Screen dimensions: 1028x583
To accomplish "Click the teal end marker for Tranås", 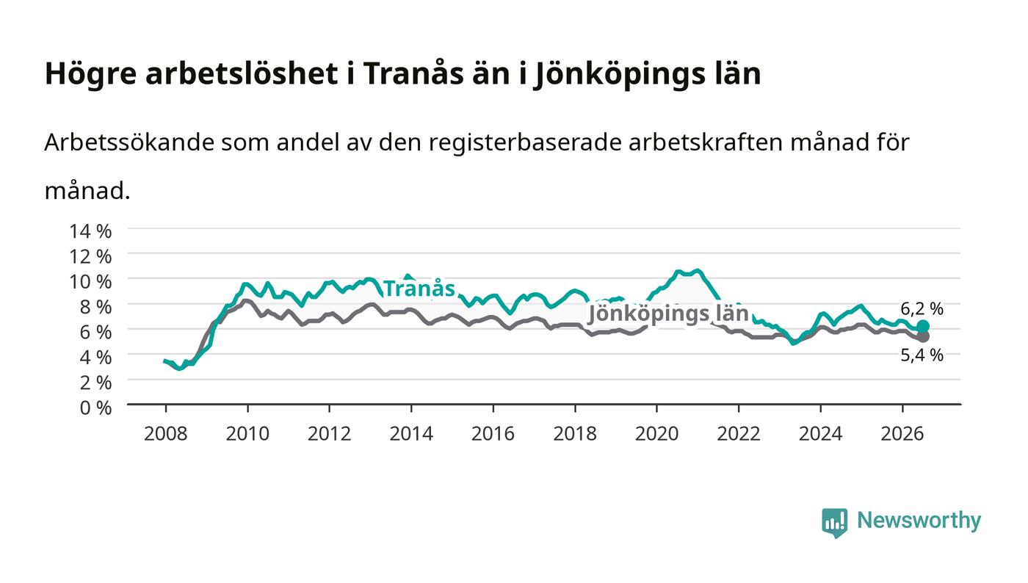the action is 923,326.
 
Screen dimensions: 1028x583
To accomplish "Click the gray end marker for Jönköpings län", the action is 923,336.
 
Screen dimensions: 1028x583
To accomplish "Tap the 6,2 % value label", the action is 922,309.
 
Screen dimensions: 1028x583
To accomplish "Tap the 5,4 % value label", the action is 922,355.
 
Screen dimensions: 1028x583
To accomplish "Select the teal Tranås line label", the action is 419,289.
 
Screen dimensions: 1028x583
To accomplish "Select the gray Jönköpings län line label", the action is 668,314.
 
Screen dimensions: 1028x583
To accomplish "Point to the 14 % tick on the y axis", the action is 90,231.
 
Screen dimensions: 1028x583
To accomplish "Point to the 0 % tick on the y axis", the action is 95,408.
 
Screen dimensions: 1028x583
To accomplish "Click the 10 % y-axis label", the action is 90,281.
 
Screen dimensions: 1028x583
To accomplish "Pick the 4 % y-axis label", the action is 95,357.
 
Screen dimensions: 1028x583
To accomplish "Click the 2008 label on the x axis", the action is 166,434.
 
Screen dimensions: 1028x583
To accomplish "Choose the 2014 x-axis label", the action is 411,434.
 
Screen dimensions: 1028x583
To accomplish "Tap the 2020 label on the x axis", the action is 656,434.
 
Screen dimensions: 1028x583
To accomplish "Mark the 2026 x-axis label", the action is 902,434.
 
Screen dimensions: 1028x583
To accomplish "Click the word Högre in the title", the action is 91,74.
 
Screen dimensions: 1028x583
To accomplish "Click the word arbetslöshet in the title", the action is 242,73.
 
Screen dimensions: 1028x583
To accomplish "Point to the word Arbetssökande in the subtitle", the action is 129,142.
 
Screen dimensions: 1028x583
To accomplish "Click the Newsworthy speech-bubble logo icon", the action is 834,523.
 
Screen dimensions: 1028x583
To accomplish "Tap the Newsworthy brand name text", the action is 919,521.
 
